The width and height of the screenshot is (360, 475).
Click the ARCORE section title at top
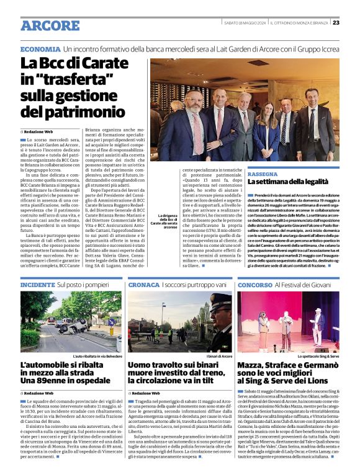pyautogui.click(x=50, y=25)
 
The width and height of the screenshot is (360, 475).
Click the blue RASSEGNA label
pyautogui.click(x=263, y=174)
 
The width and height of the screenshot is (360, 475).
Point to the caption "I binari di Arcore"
pyautogui.click(x=218, y=356)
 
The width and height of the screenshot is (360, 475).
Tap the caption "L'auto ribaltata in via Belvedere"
pyautogui.click(x=94, y=356)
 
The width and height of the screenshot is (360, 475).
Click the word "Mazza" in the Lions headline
pyautogui.click(x=254, y=366)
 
